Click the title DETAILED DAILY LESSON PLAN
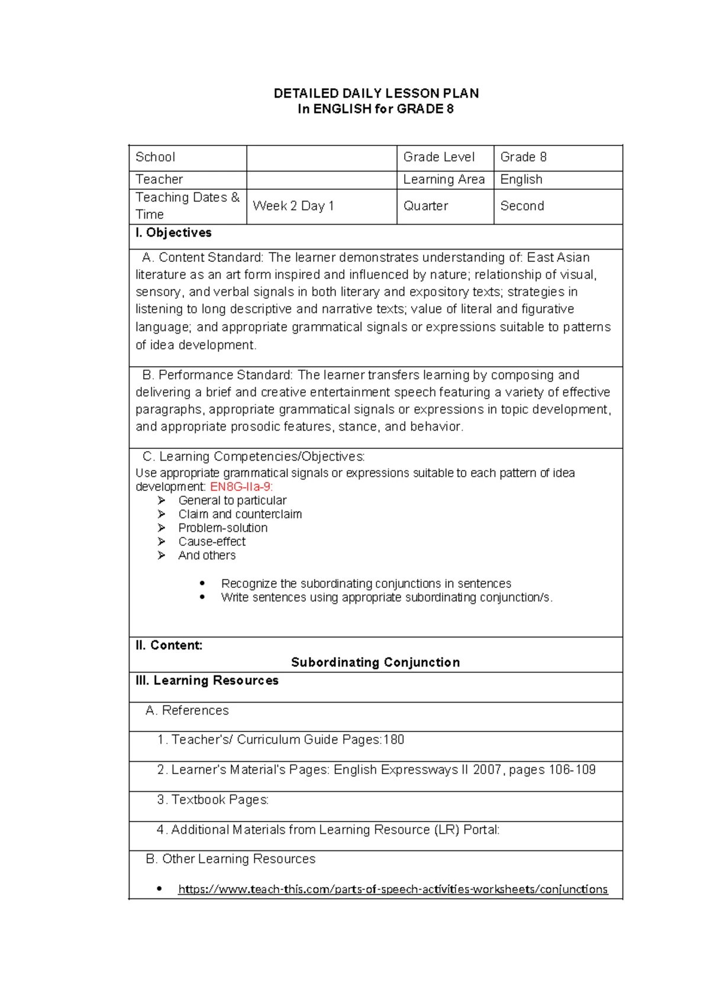click(x=376, y=93)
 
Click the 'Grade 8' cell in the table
click(x=523, y=157)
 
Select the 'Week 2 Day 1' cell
click(x=293, y=206)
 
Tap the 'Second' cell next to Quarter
click(x=522, y=206)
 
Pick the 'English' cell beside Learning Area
click(x=521, y=180)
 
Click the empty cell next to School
click(x=321, y=158)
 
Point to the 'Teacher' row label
click(x=159, y=180)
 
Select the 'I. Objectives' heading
click(x=173, y=233)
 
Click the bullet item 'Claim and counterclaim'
click(x=240, y=515)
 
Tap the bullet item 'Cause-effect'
click(x=212, y=542)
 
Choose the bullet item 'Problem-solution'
click(x=222, y=528)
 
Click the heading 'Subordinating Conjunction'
click(x=375, y=663)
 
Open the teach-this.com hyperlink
click(x=392, y=889)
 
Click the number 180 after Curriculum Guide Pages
click(x=393, y=740)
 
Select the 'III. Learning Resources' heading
click(x=206, y=681)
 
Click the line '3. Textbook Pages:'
click(x=213, y=800)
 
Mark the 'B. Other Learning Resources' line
click(x=230, y=859)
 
